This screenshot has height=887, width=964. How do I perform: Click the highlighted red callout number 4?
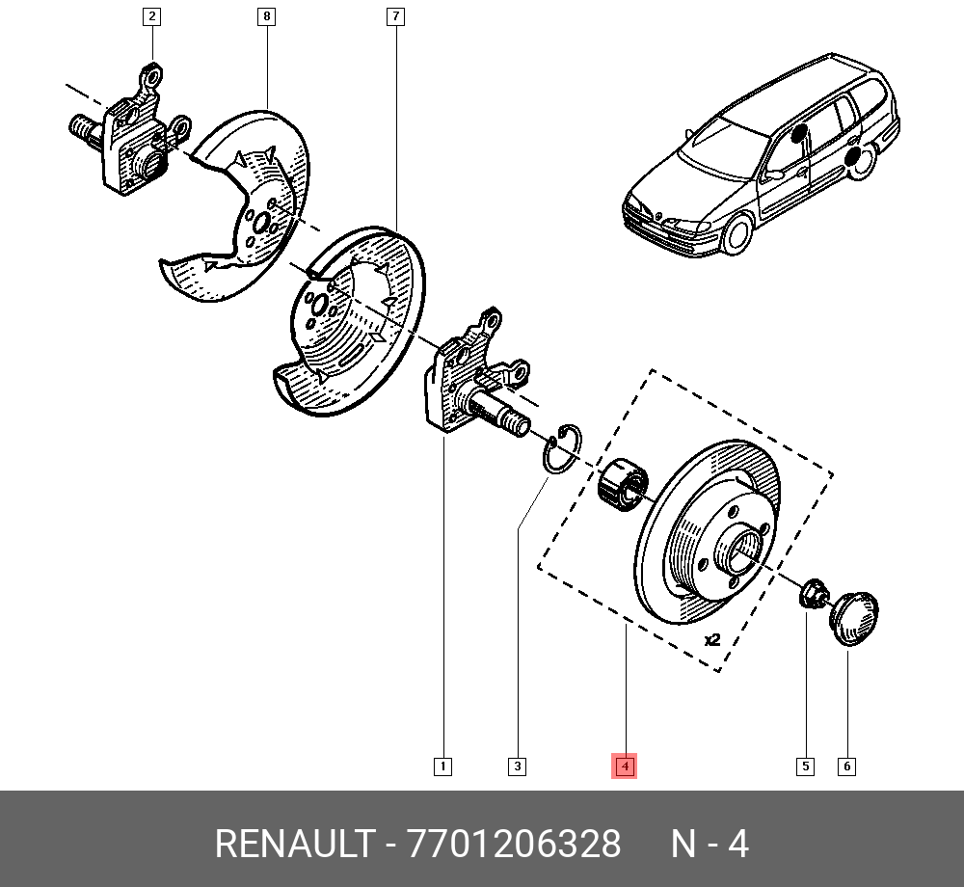[x=625, y=766]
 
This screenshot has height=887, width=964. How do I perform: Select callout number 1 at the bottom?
[x=442, y=766]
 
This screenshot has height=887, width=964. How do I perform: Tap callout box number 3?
[x=518, y=766]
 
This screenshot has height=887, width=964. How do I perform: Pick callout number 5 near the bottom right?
[x=804, y=766]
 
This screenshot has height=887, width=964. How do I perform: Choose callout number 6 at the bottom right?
[x=846, y=766]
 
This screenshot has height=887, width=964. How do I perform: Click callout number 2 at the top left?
[x=151, y=16]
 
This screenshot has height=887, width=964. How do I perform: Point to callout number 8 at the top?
[x=267, y=16]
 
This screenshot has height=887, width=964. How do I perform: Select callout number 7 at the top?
[x=394, y=16]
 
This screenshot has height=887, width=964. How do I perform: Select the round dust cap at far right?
[x=855, y=618]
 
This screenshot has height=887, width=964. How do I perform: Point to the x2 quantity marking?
[x=712, y=639]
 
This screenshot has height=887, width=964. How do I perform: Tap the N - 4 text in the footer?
[x=710, y=845]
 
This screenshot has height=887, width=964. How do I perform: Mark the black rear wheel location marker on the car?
[x=854, y=160]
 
